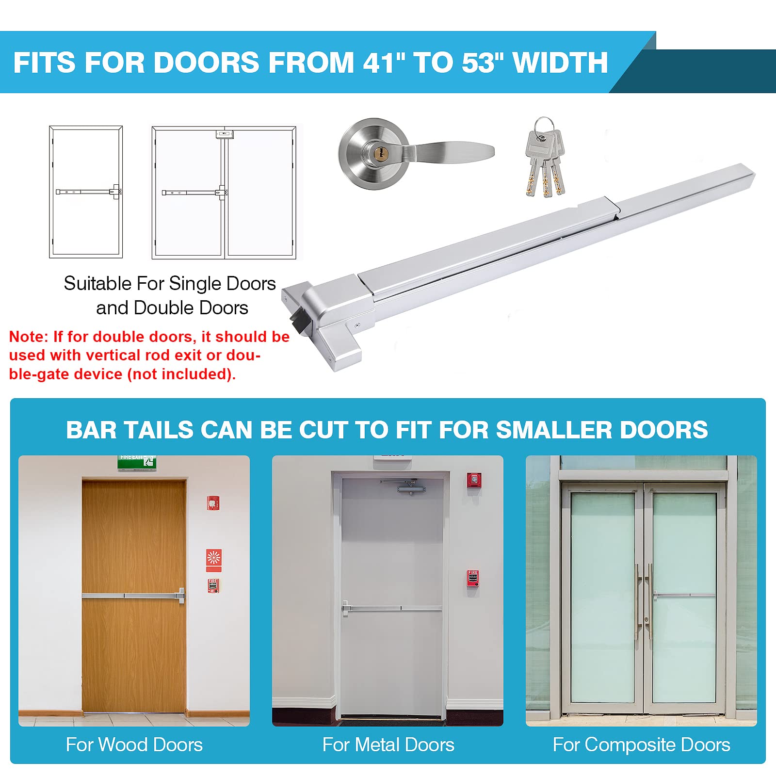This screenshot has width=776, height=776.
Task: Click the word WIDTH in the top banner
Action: point(560,63)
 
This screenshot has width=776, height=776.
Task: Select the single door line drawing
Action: point(86,192)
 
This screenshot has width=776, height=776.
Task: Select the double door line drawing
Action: point(224,193)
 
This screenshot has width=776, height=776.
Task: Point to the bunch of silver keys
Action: point(545,157)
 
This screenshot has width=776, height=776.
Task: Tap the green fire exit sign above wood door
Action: point(136,462)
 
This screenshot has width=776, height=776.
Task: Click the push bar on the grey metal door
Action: point(392,608)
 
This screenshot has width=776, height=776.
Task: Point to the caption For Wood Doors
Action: point(134,744)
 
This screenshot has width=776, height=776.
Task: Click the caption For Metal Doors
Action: point(388,744)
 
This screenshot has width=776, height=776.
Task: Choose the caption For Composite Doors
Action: point(641,744)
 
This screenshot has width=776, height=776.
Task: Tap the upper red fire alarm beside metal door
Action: point(474,480)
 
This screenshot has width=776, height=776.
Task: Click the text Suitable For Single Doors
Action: point(170,283)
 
